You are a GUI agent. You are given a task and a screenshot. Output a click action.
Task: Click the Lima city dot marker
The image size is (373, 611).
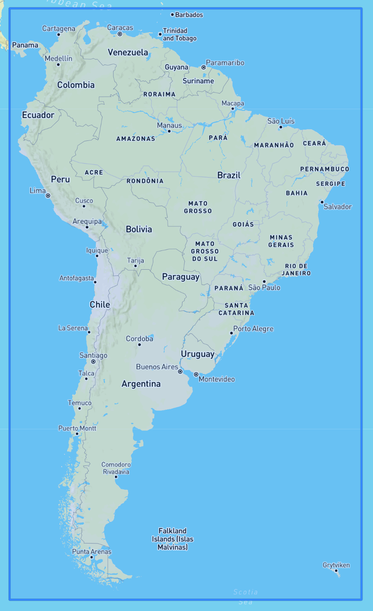[48, 195]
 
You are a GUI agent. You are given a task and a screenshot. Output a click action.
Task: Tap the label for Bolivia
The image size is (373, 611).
[139, 229]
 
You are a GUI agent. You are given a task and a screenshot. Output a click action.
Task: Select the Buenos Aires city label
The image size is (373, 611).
[157, 367]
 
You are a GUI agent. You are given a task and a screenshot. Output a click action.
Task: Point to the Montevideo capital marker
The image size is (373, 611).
[196, 374]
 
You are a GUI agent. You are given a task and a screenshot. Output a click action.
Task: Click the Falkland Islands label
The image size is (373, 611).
[173, 539]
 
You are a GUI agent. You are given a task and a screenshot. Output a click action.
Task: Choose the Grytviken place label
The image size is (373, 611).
[336, 565]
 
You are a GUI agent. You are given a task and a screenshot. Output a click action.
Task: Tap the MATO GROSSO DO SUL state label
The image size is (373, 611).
[205, 251]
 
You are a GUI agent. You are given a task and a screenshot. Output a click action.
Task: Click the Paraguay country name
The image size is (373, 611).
[180, 277]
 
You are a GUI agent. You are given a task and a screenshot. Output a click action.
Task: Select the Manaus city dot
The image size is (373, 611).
[169, 131]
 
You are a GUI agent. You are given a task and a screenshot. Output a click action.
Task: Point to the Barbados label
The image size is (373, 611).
[189, 15]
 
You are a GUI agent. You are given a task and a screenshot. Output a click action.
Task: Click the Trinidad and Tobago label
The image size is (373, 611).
[179, 34]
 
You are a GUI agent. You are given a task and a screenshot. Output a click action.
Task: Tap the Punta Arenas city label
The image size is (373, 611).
[92, 551]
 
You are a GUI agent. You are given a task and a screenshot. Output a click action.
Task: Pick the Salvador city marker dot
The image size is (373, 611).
[322, 202]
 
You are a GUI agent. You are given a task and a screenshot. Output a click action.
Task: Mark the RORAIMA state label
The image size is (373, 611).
[159, 94]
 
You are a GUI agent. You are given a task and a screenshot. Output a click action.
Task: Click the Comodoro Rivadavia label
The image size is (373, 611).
[116, 468]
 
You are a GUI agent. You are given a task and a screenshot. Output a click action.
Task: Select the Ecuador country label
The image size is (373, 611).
[38, 115]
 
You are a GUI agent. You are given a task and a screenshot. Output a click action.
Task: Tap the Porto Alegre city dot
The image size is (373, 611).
[231, 333]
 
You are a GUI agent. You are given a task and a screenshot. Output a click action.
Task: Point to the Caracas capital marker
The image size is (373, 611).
[120, 34]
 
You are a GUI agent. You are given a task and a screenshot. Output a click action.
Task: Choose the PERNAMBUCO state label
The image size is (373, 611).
[325, 169]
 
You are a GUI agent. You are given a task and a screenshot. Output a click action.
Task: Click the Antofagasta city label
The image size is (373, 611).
[76, 278]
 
